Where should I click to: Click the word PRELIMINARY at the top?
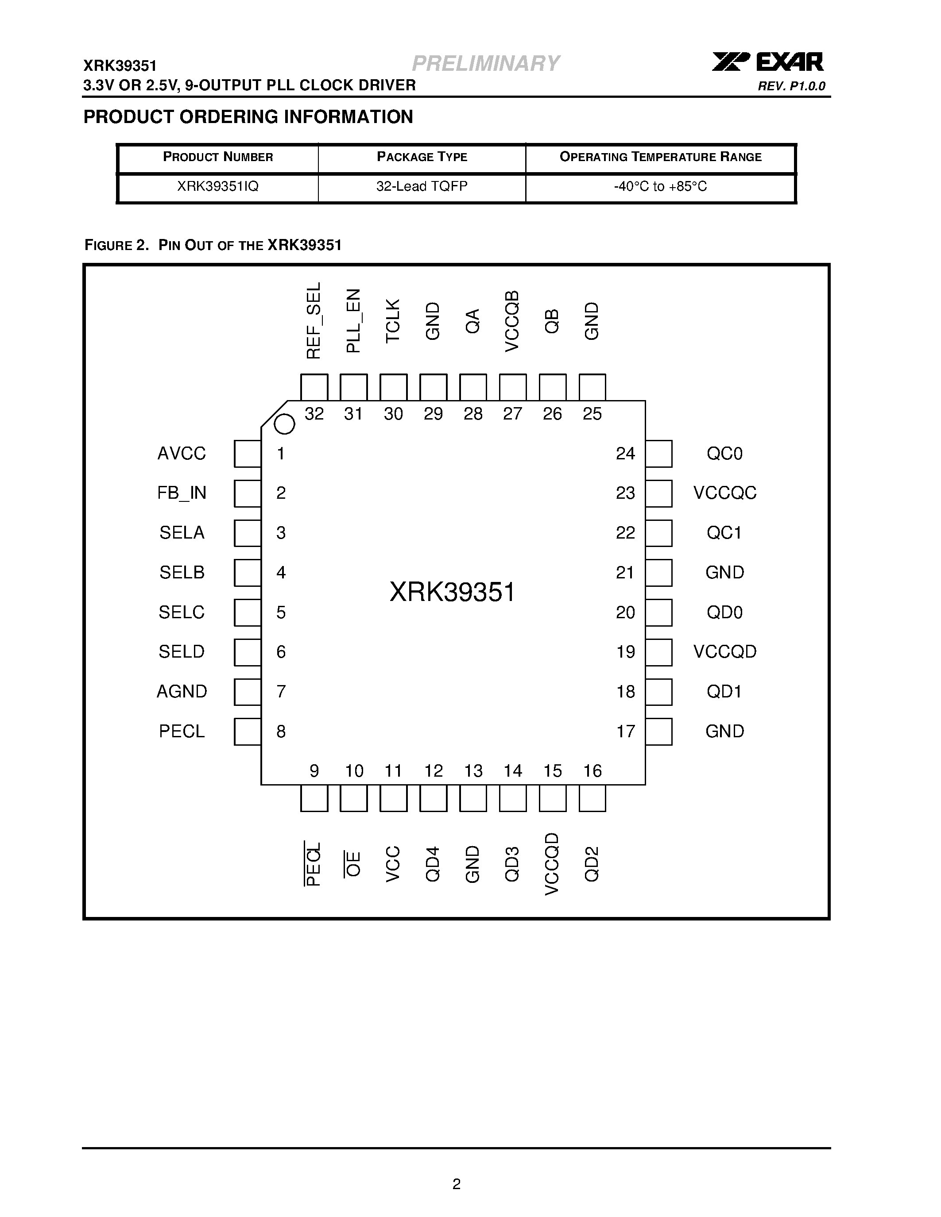[485, 64]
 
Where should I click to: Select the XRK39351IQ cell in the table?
[217, 187]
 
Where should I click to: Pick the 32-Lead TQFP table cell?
[422, 187]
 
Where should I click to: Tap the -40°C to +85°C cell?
[660, 187]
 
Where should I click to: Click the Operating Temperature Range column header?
[660, 157]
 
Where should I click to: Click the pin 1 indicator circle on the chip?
[284, 424]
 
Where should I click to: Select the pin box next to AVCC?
[247, 454]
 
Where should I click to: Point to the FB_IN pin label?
[182, 493]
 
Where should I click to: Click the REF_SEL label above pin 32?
[314, 320]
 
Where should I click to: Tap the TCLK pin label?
[393, 321]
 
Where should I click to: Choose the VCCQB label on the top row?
[512, 321]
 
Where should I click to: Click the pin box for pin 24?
[659, 454]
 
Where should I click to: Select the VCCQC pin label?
[725, 493]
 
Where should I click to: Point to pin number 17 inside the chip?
[625, 731]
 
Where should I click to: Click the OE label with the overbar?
[353, 864]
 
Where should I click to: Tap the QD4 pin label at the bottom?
[433, 864]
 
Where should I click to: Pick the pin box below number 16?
[592, 798]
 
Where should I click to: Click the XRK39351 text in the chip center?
[452, 592]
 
